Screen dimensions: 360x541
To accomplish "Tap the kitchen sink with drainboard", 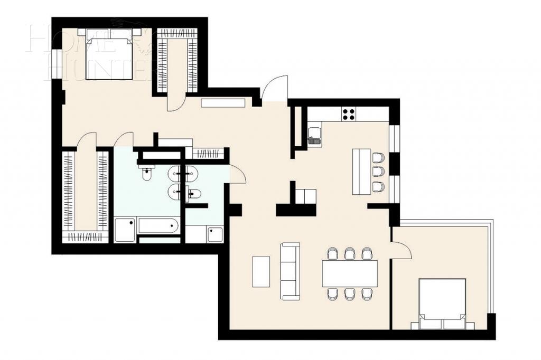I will click(314, 135).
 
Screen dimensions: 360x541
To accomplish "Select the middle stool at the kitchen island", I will click(378, 172).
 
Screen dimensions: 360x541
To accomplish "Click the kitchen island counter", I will click(362, 172).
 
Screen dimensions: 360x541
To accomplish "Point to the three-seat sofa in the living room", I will click(291, 271).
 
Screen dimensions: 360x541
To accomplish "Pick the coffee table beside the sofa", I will click(261, 271).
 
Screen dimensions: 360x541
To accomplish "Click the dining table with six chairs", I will click(349, 273).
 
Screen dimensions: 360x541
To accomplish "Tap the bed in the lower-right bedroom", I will click(442, 304).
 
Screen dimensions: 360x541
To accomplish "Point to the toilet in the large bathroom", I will click(147, 171).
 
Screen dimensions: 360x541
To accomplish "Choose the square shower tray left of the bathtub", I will click(125, 230).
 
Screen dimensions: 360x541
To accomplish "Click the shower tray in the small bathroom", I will click(215, 234).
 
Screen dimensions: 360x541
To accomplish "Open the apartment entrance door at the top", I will click(275, 89).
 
